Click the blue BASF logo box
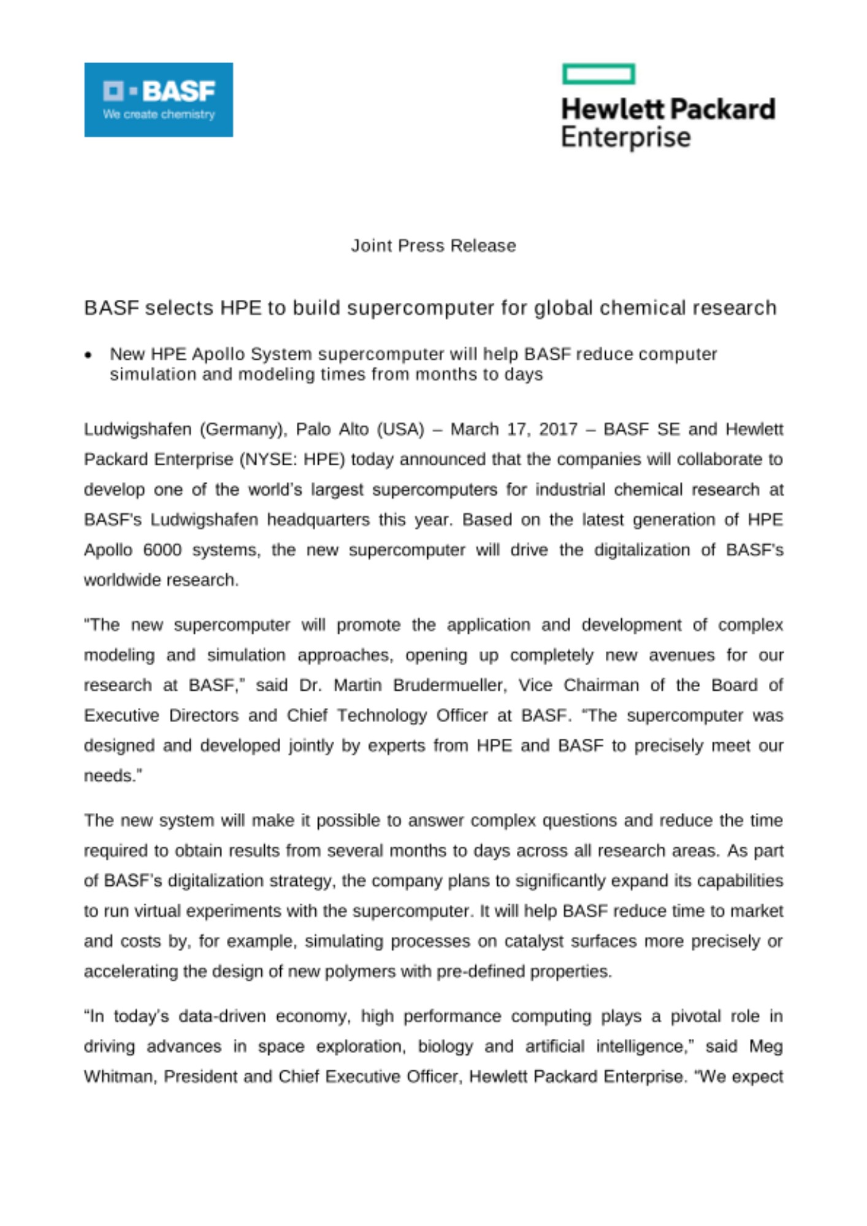(x=158, y=99)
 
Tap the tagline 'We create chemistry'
(x=159, y=115)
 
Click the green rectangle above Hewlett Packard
(x=598, y=74)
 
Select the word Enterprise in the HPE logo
(x=625, y=137)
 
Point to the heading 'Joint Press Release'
(x=433, y=246)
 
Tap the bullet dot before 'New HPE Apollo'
(x=89, y=355)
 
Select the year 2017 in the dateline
(x=558, y=429)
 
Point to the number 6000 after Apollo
(x=162, y=550)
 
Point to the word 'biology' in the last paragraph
(x=445, y=1046)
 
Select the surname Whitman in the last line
(x=119, y=1076)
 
